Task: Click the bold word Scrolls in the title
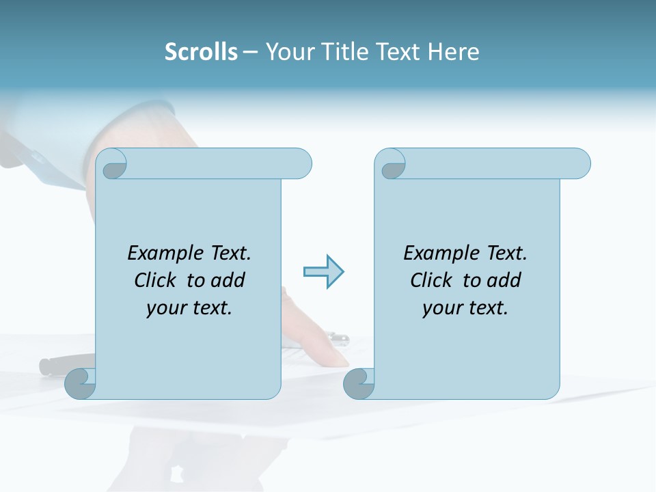coord(202,52)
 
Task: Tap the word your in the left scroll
coord(165,308)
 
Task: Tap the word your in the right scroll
coord(441,308)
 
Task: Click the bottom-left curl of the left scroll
coord(80,384)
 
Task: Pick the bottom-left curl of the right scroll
coord(359,384)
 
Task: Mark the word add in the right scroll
coord(504,280)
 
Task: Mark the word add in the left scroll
coord(228,280)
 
